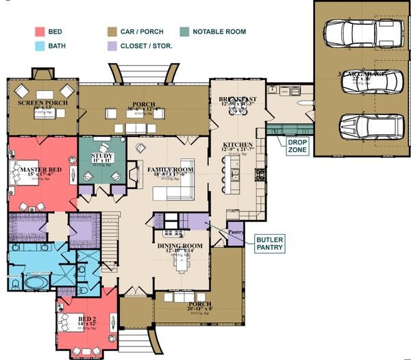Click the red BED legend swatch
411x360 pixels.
pos(40,31)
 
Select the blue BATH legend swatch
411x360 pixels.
pos(40,47)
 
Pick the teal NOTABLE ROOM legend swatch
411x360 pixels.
pos(185,31)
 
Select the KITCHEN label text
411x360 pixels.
pos(237,145)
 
